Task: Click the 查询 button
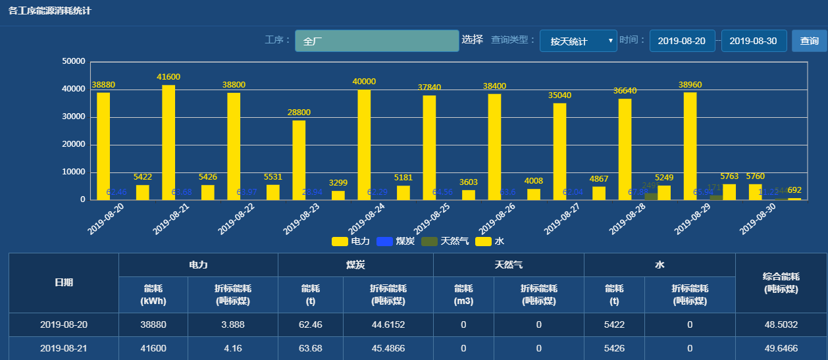[x=809, y=41]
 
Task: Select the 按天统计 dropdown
[x=578, y=41]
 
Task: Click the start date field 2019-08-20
[x=682, y=41]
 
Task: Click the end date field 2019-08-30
[x=754, y=41]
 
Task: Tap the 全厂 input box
[x=376, y=41]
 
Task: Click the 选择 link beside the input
[x=472, y=39]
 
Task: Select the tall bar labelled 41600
[x=168, y=141]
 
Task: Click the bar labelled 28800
[x=299, y=159]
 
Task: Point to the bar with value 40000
[x=364, y=144]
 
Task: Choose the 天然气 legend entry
[x=445, y=242]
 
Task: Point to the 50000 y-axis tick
[x=73, y=61]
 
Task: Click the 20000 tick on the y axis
[x=73, y=145]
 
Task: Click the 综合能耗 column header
[x=781, y=283]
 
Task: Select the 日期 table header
[x=64, y=283]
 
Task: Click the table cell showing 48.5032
[x=781, y=324]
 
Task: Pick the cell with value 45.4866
[x=388, y=348]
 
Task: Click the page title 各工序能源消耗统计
[x=50, y=11]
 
